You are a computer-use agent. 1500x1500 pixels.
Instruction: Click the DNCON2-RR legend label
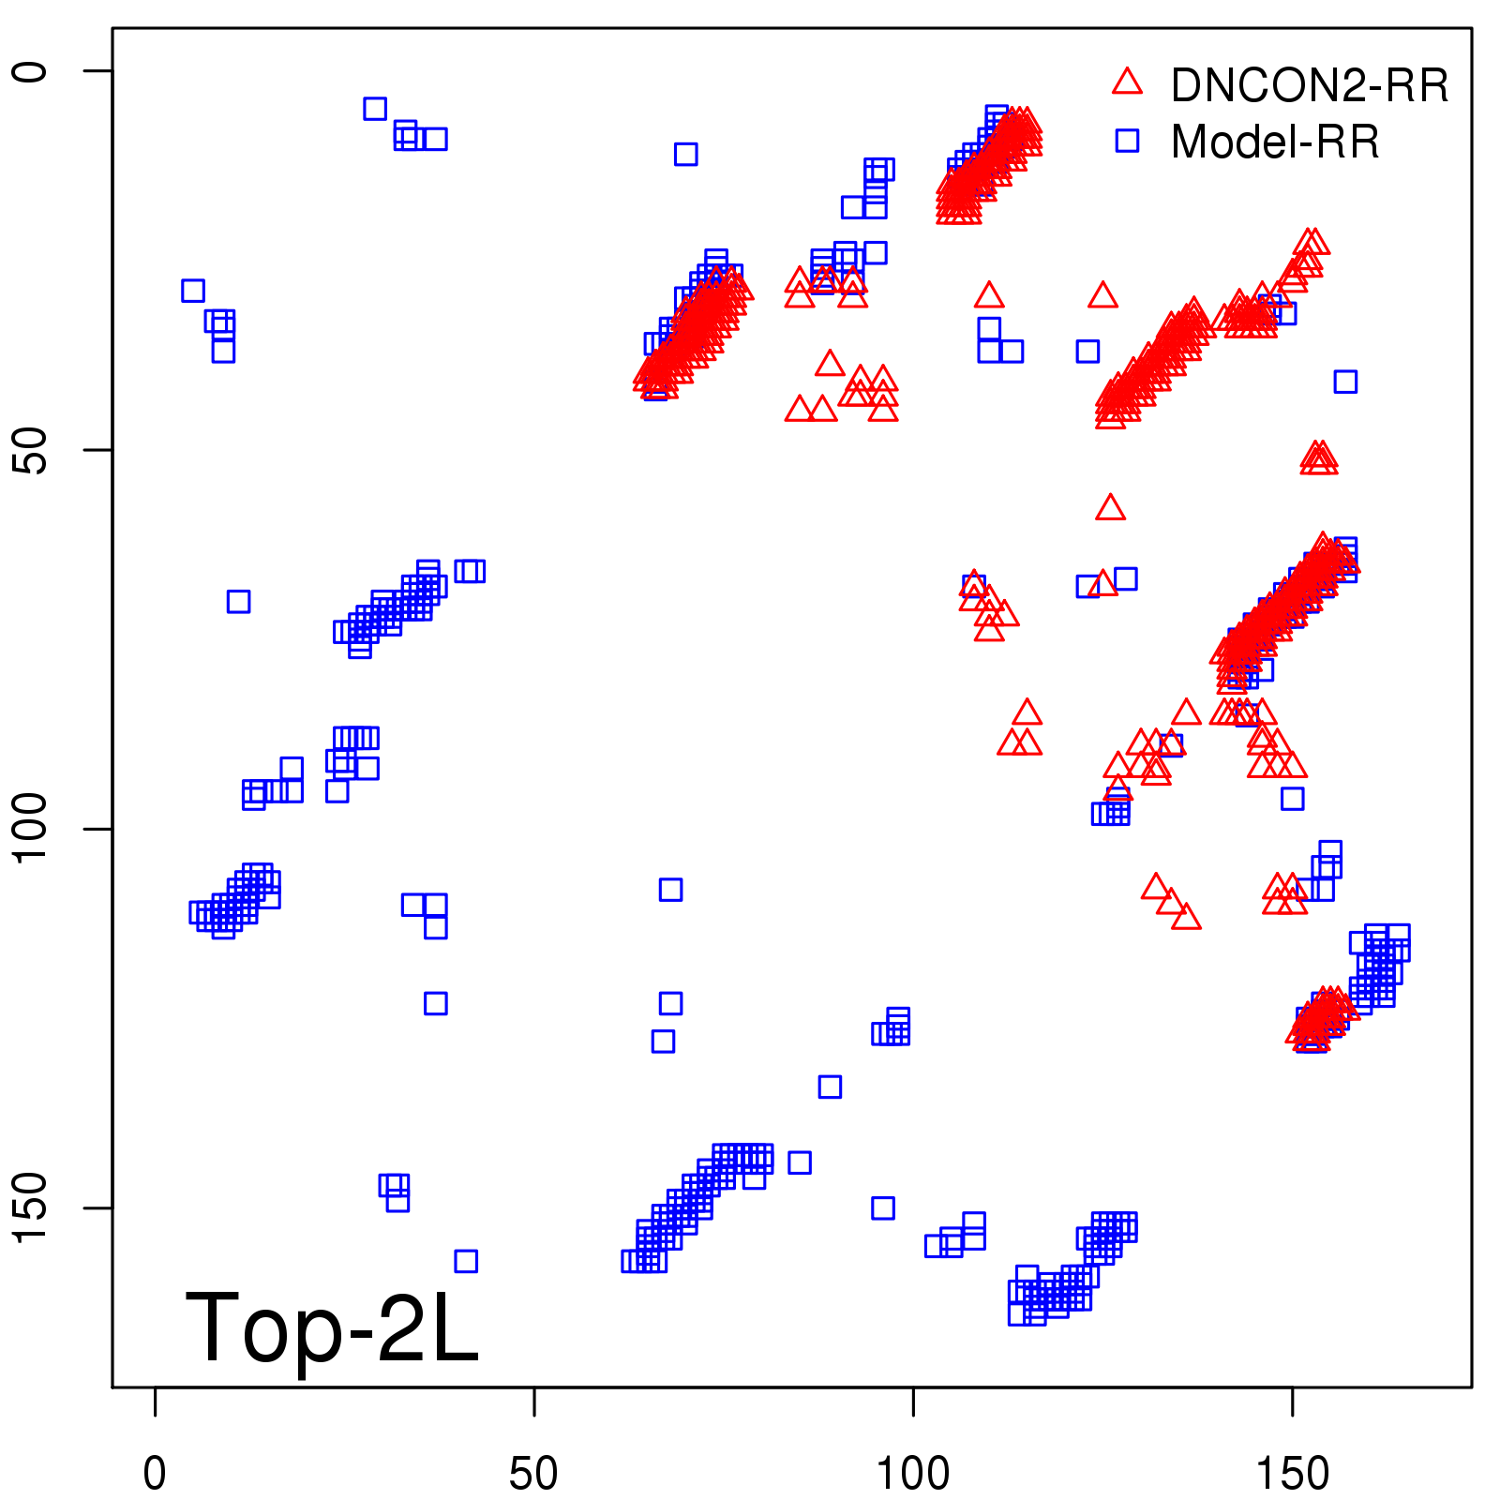1309,85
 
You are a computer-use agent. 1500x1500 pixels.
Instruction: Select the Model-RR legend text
1274,142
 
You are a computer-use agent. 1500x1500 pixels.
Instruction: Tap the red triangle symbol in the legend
1127,82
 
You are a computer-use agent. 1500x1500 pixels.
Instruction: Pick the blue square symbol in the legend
1127,141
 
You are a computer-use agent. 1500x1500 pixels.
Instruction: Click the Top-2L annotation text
332,1327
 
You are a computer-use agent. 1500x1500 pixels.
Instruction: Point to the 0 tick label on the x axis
155,1473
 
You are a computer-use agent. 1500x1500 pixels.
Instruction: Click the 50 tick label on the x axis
533,1473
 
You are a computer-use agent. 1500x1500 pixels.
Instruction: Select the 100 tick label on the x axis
912,1473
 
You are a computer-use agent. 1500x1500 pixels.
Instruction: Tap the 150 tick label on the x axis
1292,1473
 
